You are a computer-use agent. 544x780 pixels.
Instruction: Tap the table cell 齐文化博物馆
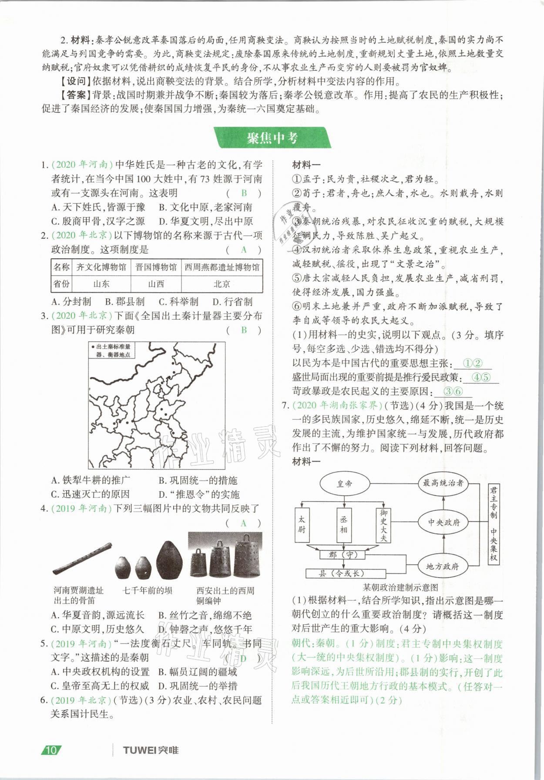pos(101,267)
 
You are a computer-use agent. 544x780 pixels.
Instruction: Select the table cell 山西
pos(156,284)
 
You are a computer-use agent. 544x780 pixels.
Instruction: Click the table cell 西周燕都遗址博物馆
pos(222,267)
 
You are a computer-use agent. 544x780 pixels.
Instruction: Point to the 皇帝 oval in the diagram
pos(345,483)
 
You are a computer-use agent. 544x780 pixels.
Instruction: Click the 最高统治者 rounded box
pos(443,483)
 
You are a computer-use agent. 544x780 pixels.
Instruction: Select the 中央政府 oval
pos(443,522)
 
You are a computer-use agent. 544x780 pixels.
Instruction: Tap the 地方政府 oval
pos(442,566)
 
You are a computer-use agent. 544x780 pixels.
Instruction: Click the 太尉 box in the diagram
pos(302,525)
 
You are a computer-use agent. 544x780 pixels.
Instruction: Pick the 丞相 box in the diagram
pos(344,525)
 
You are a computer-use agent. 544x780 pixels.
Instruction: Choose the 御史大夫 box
pos(383,525)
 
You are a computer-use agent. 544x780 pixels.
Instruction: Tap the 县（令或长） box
pos(341,574)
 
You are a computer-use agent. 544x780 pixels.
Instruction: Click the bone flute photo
pos(81,559)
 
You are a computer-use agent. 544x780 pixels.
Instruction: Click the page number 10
pos(51,750)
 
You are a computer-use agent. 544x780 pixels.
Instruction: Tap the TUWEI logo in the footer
pos(150,750)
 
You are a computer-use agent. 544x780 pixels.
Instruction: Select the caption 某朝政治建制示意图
pos(400,587)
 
